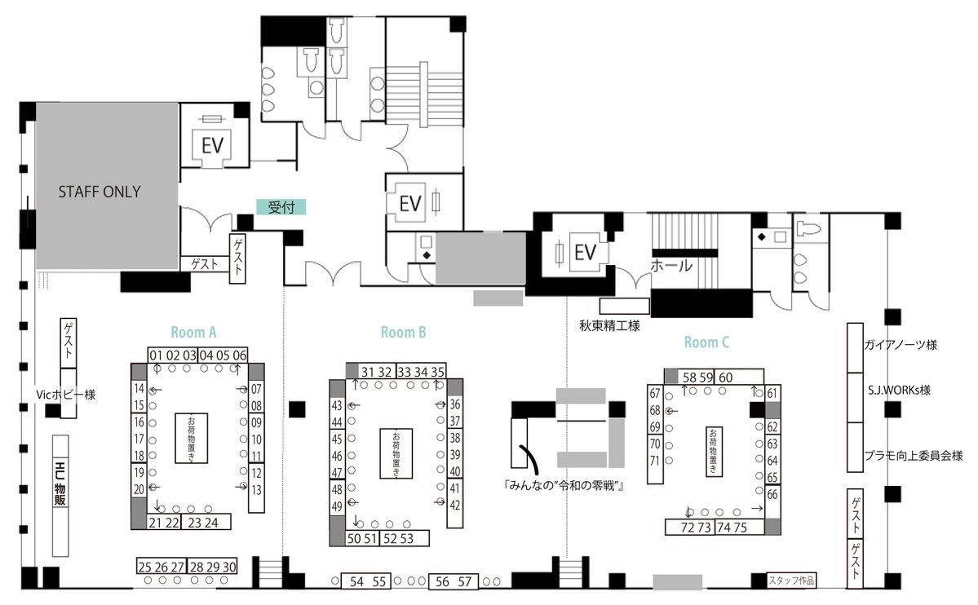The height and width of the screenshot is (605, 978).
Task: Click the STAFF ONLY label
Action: [x=100, y=192]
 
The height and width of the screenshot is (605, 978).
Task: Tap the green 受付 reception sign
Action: [x=281, y=207]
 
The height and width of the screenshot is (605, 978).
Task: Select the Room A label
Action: [x=193, y=333]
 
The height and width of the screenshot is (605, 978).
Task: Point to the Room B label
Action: [x=404, y=333]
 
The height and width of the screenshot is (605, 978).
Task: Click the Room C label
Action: [x=706, y=342]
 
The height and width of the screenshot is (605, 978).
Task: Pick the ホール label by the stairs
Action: [x=672, y=266]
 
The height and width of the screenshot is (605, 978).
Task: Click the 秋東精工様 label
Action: [x=609, y=325]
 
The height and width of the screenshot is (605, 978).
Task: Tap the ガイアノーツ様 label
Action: [x=901, y=345]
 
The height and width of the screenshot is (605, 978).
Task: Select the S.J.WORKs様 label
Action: [x=900, y=391]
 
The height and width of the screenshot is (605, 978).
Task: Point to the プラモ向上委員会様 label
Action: [x=914, y=456]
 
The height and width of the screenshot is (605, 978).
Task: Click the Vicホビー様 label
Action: [x=65, y=395]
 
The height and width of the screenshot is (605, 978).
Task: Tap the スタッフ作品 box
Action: [x=791, y=581]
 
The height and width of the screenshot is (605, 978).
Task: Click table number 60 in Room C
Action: [x=725, y=378]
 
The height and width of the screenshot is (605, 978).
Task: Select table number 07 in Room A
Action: [x=256, y=389]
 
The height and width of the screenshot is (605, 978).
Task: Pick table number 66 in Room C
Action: [x=772, y=495]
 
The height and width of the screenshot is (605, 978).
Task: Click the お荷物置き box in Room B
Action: [x=396, y=453]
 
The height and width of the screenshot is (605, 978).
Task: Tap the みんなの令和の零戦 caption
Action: [x=564, y=485]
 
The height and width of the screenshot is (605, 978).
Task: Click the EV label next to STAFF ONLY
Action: [x=213, y=145]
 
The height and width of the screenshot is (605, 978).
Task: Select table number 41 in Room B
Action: [x=455, y=488]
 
